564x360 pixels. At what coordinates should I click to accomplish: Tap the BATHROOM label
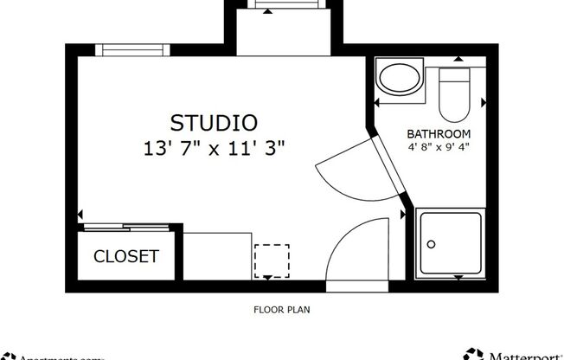pyautogui.click(x=439, y=134)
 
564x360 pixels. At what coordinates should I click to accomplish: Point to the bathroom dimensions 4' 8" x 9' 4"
pyautogui.click(x=439, y=148)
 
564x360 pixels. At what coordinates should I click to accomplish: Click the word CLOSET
pyautogui.click(x=126, y=256)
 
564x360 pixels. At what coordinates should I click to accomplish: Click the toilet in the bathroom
pyautogui.click(x=452, y=93)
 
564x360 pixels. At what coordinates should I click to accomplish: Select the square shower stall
pyautogui.click(x=450, y=243)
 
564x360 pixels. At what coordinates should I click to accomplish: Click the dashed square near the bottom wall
pyautogui.click(x=272, y=260)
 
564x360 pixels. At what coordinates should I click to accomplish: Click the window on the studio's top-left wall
pyautogui.click(x=129, y=49)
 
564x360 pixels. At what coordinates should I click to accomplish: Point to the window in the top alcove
pyautogui.click(x=285, y=4)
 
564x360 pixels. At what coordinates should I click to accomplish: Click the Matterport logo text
pyautogui.click(x=523, y=355)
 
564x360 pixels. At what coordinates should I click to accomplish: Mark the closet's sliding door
pyautogui.click(x=126, y=228)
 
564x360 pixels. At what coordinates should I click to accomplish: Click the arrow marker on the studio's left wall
pyautogui.click(x=80, y=215)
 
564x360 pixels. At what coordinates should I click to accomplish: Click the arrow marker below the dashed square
pyautogui.click(x=268, y=277)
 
